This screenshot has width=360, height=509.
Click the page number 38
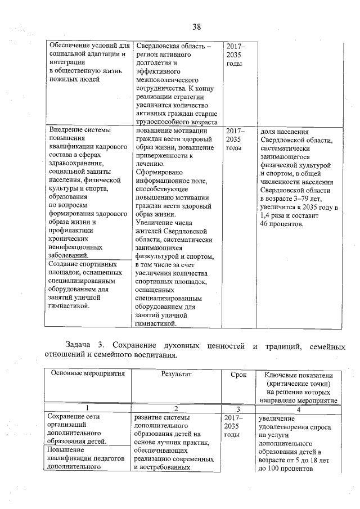tap(196, 27)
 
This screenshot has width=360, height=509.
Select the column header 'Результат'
tap(176, 374)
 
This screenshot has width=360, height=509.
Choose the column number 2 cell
tap(176, 408)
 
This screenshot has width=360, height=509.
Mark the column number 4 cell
tap(298, 408)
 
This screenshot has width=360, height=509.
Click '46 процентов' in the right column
tap(281, 225)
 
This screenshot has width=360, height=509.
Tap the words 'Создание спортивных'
tap(82, 263)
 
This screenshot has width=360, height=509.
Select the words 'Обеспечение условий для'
tap(89, 45)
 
